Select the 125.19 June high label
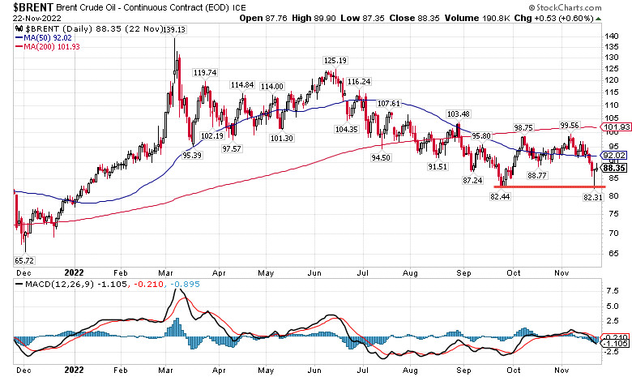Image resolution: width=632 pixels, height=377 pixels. [335, 61]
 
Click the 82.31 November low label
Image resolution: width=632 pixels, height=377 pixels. [595, 197]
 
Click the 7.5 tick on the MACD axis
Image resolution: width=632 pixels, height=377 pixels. [613, 288]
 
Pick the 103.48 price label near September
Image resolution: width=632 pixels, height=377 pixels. [459, 114]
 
